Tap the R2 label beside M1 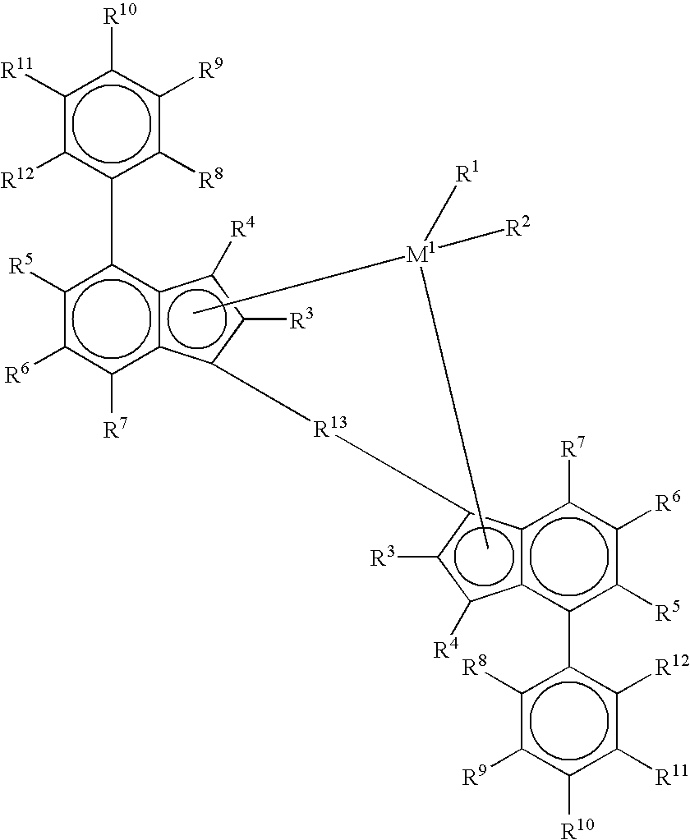pos(517,227)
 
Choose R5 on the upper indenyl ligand pos(21,264)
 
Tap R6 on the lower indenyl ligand pos(668,503)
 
